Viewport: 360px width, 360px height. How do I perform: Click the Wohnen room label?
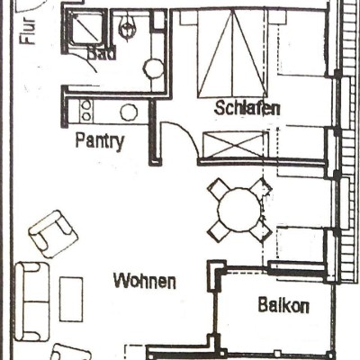(145, 281)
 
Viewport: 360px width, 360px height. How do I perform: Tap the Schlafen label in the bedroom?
(247, 108)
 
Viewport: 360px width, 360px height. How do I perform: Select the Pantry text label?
(100, 141)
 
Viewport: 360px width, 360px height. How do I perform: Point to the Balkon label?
(283, 305)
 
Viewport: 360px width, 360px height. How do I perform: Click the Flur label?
(28, 31)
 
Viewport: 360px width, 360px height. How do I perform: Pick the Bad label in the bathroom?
(102, 54)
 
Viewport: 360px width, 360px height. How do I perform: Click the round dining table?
(239, 210)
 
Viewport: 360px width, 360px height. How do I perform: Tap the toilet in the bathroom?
(126, 26)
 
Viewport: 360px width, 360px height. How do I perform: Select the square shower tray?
(85, 29)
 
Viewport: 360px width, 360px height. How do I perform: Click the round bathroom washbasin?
(154, 68)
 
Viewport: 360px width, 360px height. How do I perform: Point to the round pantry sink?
(129, 112)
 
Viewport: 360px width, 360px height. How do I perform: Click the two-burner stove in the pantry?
(86, 111)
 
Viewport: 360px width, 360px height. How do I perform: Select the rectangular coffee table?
(71, 299)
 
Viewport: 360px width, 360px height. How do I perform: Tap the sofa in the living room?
(32, 301)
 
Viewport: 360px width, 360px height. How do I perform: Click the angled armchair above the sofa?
(53, 234)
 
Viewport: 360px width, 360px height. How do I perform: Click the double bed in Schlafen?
(232, 54)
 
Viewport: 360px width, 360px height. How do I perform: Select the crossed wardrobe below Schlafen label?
(233, 145)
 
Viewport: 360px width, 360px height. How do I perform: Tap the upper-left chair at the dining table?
(219, 188)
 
